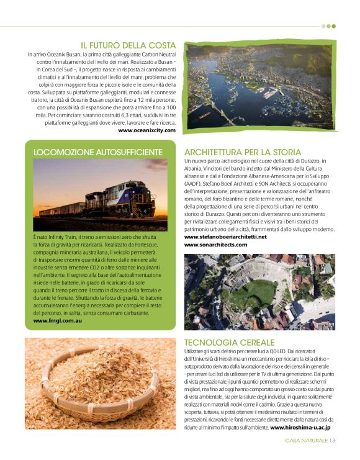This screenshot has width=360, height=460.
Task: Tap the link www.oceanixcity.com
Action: click(x=146, y=130)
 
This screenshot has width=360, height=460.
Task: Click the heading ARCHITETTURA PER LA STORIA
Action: click(x=243, y=152)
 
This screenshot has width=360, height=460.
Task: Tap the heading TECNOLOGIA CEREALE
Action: click(x=229, y=342)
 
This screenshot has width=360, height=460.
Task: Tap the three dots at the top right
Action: click(x=328, y=26)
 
